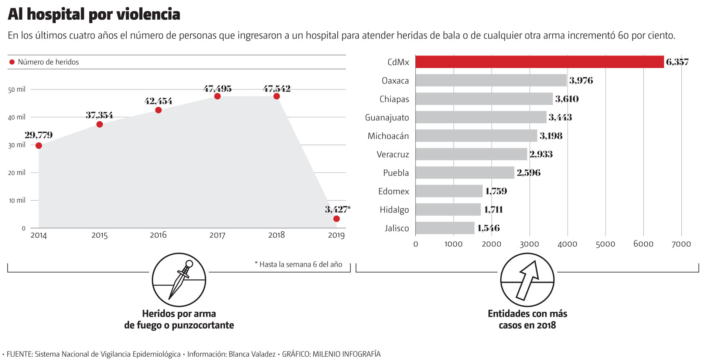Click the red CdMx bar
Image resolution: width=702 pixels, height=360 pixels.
point(539,62)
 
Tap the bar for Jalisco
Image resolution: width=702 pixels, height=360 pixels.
point(445,228)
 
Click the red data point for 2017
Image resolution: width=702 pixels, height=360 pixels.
point(217,96)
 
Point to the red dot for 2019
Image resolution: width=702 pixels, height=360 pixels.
point(336,219)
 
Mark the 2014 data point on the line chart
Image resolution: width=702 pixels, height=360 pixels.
point(39,146)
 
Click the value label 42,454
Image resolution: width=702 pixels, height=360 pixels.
point(158,101)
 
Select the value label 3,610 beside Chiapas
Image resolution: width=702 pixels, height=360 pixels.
point(567,99)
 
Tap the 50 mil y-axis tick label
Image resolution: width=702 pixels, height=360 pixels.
point(17,89)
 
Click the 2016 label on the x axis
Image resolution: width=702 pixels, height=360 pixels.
point(158,235)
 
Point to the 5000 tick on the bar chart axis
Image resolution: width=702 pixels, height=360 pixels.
point(605,244)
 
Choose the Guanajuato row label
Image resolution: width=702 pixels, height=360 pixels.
point(387,118)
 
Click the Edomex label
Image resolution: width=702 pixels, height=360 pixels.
point(393,191)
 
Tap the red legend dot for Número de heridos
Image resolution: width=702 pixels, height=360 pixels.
point(12,62)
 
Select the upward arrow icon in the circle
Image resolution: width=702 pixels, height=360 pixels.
point(527,280)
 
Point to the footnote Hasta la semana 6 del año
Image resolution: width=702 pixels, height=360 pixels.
point(298,264)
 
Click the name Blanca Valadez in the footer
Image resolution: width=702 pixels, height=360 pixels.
point(252,354)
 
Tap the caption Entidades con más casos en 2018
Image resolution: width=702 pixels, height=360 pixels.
point(527,319)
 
